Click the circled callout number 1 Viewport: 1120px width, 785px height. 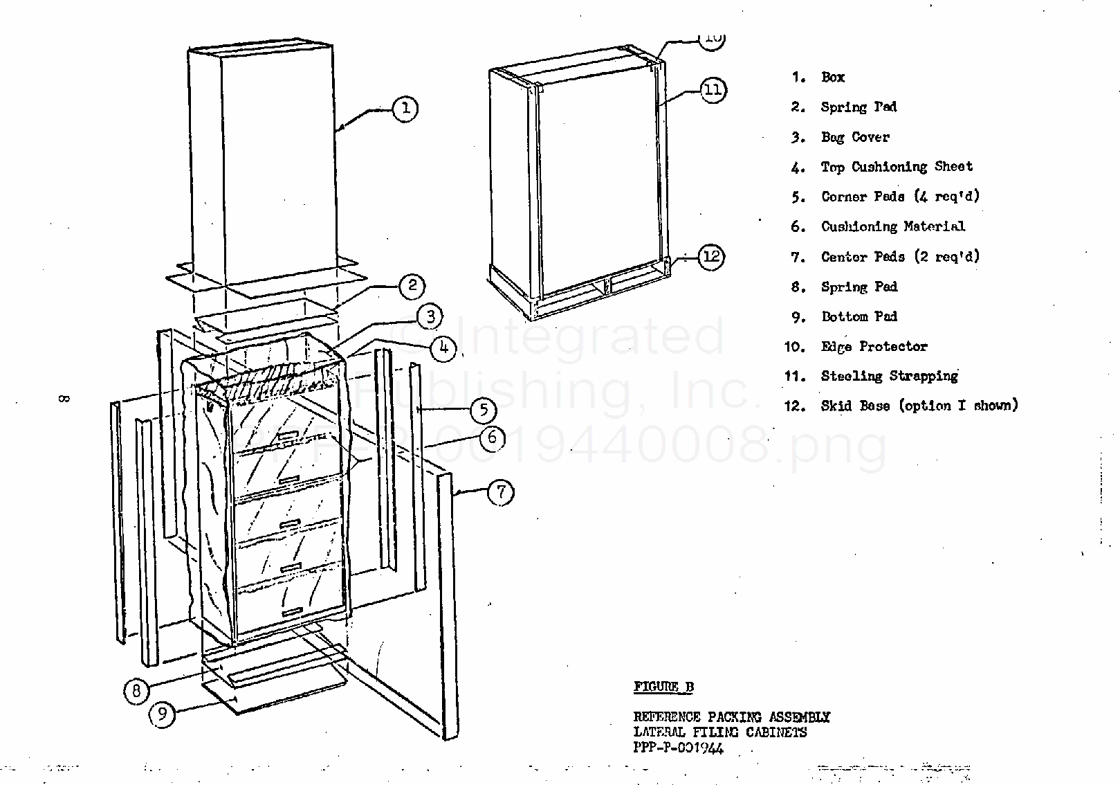[x=405, y=108]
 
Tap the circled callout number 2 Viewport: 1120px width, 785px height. [x=412, y=286]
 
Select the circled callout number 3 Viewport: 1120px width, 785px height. [x=430, y=316]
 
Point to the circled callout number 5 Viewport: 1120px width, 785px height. [x=484, y=410]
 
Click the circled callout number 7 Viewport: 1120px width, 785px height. [x=501, y=493]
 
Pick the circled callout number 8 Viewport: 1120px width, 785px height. [x=137, y=690]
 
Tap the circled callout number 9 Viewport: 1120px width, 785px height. [x=162, y=714]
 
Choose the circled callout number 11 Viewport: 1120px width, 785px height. [x=713, y=90]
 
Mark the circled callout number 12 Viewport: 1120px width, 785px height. [x=711, y=258]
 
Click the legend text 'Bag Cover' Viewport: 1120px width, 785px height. [x=855, y=137]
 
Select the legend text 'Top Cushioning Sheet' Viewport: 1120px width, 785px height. [x=897, y=167]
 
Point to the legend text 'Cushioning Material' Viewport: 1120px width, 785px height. [x=892, y=226]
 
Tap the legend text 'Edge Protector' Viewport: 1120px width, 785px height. [x=874, y=347]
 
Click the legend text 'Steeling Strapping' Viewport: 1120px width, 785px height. [x=889, y=376]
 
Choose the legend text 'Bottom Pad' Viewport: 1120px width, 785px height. [x=859, y=316]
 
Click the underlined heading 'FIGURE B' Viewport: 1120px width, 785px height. [x=663, y=687]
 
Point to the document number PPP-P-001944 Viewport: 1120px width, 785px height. [x=678, y=748]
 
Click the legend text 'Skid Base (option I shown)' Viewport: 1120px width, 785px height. [x=919, y=406]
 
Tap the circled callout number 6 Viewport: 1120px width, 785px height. [x=493, y=437]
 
